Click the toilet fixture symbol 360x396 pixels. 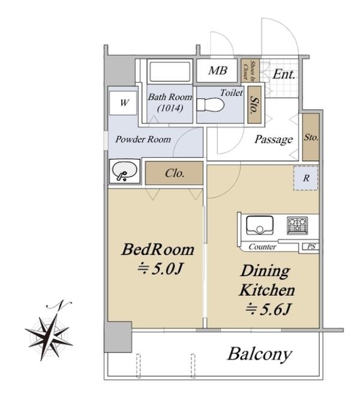coord(210,104)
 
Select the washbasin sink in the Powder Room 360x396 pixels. coord(125,170)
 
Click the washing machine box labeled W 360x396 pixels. coord(123,103)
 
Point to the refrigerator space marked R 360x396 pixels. coord(306,178)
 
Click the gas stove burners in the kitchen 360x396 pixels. coord(297,225)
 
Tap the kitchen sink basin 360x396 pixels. coord(260,225)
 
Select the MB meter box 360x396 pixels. coord(217,70)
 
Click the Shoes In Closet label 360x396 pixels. coord(250,70)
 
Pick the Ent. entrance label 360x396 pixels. coord(284,74)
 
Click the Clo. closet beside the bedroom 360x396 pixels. coord(175,173)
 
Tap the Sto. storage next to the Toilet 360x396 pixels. coord(254,104)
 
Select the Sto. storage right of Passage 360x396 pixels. coord(311,137)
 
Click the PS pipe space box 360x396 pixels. coord(311,247)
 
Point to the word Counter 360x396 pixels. coord(262,247)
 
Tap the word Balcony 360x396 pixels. coord(260,355)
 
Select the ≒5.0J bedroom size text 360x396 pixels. coord(160,269)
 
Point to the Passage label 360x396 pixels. coord(274,140)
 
